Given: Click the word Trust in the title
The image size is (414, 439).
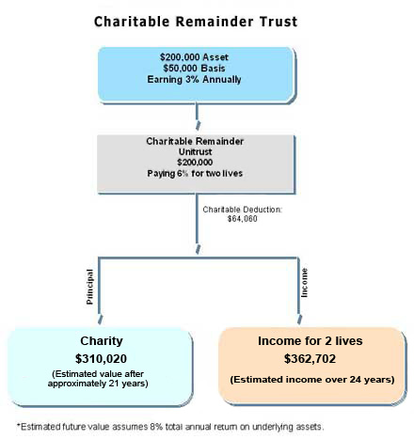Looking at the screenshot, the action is [279, 22].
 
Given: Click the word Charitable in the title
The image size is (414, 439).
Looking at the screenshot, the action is [132, 22].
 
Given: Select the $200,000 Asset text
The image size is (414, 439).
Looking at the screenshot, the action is [194, 57].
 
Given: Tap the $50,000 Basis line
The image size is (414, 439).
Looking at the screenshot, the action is [194, 68].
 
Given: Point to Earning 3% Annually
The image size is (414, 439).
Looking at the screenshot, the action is [194, 79].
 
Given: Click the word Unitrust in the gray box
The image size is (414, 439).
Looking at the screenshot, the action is [195, 152].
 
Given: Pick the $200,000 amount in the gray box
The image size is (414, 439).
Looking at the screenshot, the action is [195, 163].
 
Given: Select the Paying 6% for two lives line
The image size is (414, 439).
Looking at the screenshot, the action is [195, 173].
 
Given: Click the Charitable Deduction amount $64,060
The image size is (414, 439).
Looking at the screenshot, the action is [243, 219].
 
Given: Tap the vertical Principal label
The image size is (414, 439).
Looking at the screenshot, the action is [89, 287].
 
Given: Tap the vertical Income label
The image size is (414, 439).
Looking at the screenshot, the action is [304, 283].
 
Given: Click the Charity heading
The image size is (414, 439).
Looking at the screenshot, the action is [102, 341].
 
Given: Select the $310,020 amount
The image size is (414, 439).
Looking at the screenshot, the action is [101, 358].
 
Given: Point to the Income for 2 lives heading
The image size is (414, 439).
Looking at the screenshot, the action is [310, 341].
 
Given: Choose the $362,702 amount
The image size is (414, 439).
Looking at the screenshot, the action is [310, 358].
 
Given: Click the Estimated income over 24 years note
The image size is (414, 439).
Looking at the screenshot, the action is [312, 380].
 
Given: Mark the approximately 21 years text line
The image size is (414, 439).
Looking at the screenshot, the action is [98, 384].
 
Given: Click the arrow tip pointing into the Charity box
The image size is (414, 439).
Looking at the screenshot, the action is [100, 323].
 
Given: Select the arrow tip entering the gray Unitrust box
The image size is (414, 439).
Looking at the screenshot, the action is [198, 129].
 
